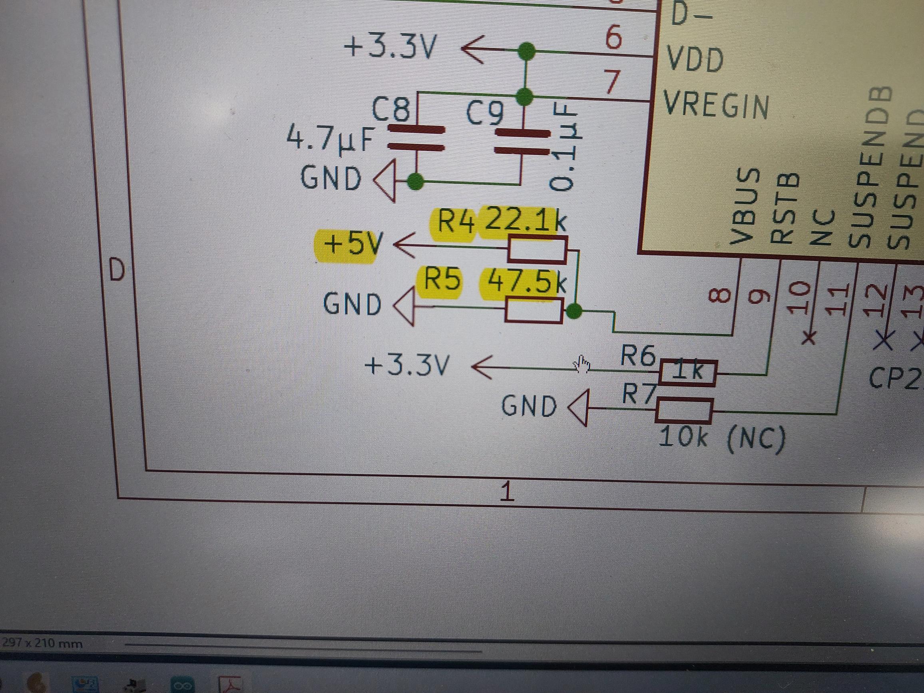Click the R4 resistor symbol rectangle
point(537,250)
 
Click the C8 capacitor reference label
point(390,110)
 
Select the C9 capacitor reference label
point(486,113)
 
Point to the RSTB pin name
point(784,209)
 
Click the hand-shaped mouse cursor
point(581,364)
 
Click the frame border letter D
point(117,271)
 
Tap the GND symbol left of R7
point(578,407)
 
